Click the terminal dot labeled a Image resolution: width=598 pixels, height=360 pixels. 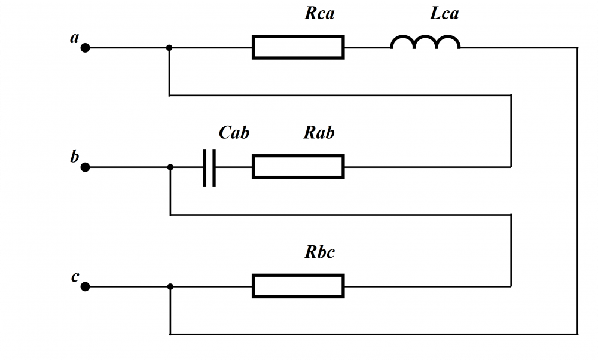(x=85, y=48)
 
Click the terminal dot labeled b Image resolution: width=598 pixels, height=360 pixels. (x=85, y=167)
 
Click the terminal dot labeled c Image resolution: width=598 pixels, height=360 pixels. (x=85, y=287)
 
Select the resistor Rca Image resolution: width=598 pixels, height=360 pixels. (x=298, y=47)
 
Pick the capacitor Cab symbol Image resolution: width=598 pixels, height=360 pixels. (x=209, y=167)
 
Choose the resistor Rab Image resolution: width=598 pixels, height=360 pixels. (x=298, y=167)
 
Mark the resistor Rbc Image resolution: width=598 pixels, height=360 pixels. (x=298, y=286)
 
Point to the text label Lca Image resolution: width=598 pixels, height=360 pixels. (x=444, y=14)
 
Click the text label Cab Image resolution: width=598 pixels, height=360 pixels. (x=234, y=133)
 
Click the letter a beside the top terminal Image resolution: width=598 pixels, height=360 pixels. (x=75, y=38)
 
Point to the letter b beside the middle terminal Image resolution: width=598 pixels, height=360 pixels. (x=75, y=157)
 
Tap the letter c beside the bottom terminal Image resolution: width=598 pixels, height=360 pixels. (x=75, y=277)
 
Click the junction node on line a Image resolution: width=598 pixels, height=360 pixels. (x=170, y=48)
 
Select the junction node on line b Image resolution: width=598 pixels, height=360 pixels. (x=170, y=167)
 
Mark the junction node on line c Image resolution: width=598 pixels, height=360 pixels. (x=170, y=287)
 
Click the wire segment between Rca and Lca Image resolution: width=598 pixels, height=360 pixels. (x=367, y=48)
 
